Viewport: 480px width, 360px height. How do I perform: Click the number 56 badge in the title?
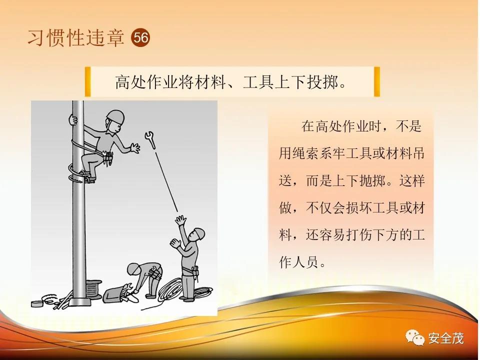click(141, 37)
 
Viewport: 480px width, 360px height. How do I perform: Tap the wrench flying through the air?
click(150, 139)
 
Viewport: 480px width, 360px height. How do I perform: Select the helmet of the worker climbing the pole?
click(115, 116)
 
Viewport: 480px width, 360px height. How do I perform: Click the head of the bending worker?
click(134, 269)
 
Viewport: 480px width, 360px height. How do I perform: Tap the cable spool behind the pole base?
click(93, 288)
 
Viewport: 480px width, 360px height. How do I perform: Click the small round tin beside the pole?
click(37, 303)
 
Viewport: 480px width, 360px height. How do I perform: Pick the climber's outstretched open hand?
click(134, 147)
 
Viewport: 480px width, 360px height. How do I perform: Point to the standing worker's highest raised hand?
click(180, 220)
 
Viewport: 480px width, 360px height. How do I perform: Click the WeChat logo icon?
click(415, 337)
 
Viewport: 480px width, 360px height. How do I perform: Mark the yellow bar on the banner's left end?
click(88, 81)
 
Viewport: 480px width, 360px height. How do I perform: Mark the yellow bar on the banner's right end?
click(377, 81)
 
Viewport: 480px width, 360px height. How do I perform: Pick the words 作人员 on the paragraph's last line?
click(298, 262)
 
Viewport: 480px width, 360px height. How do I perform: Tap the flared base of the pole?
click(79, 301)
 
